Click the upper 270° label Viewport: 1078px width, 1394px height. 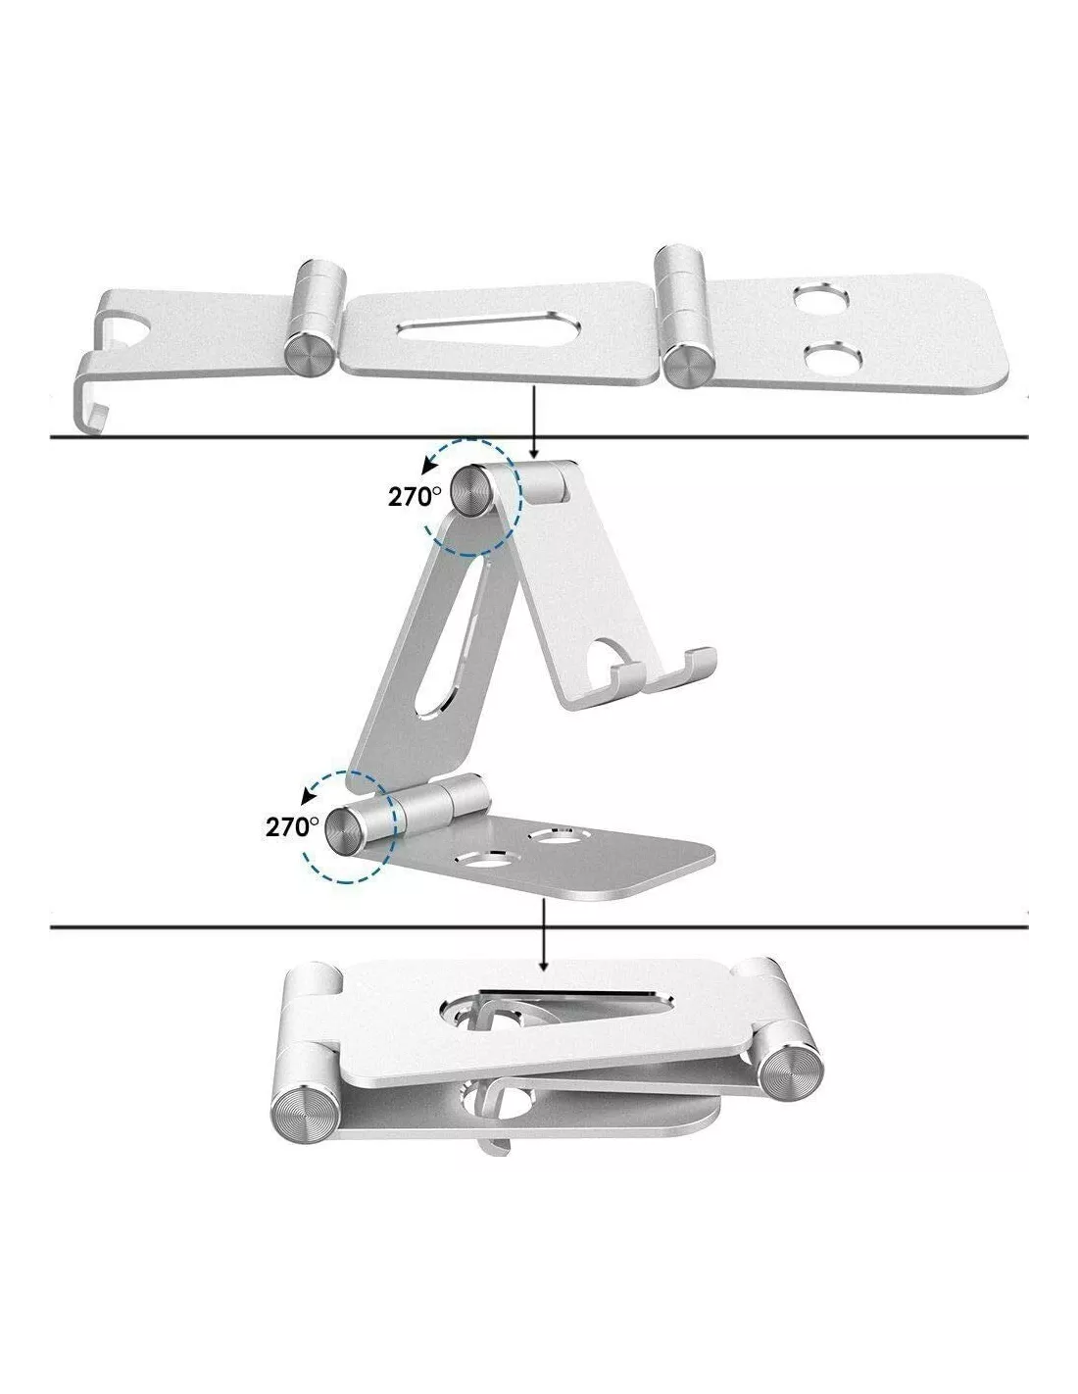[x=415, y=496]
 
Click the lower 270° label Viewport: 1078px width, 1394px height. [x=292, y=827]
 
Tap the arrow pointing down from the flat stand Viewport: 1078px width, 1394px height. [x=533, y=425]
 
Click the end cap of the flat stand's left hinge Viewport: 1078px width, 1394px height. [x=308, y=354]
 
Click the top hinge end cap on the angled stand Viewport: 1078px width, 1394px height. [x=473, y=491]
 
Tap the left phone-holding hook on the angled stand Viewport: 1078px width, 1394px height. [x=626, y=678]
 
